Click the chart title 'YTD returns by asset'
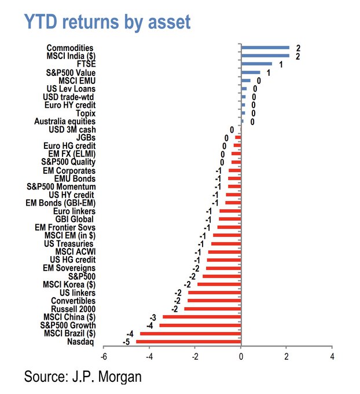coord(106,21)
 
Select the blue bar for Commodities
coord(265,48)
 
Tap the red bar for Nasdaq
coord(188,342)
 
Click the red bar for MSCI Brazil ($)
coord(190,334)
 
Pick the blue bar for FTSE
coord(256,64)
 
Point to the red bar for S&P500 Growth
coord(200,326)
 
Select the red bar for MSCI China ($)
coord(202,317)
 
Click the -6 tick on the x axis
coord(104,355)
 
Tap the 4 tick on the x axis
coord(332,355)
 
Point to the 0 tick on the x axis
coord(241,355)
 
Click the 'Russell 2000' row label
coord(73,309)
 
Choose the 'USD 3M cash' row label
coord(72,129)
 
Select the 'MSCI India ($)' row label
coord(70,56)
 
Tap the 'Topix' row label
coord(85,113)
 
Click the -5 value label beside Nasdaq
coord(126,342)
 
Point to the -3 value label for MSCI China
coord(153,318)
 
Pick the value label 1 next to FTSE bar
coord(281,64)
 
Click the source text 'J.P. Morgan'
coord(109,377)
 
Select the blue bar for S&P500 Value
coord(251,72)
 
